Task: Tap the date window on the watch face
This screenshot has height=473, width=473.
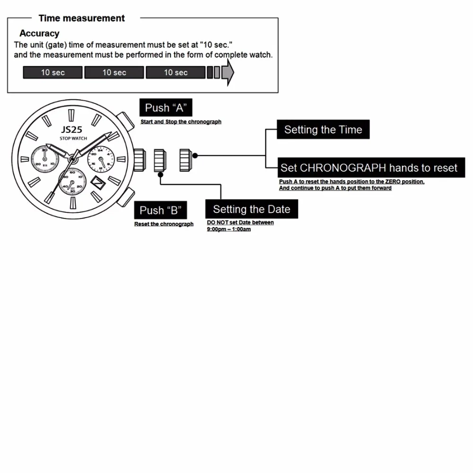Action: (99, 182)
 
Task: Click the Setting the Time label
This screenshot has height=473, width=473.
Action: (323, 130)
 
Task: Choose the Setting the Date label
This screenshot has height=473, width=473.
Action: (252, 209)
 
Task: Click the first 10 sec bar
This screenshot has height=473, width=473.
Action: (53, 72)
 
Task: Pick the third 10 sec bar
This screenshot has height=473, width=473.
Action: (175, 72)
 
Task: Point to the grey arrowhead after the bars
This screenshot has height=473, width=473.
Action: (228, 72)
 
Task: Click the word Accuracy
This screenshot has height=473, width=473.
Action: (39, 34)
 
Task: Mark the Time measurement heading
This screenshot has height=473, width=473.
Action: (81, 18)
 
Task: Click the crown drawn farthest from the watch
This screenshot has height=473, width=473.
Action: (185, 160)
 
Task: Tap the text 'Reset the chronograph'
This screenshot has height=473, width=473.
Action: (164, 224)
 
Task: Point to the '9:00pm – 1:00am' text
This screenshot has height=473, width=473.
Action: (229, 229)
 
